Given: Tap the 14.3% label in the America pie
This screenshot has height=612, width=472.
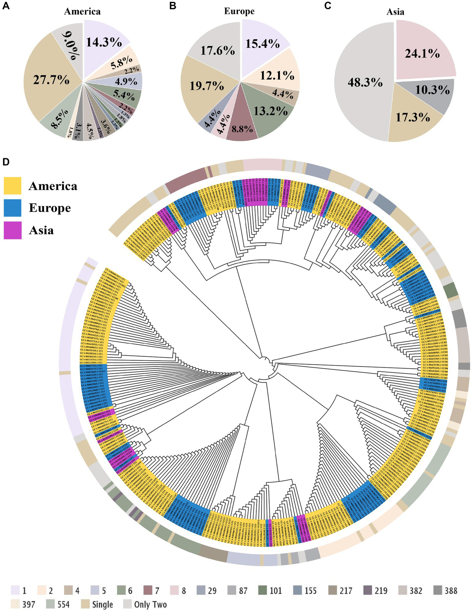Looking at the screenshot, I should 104,42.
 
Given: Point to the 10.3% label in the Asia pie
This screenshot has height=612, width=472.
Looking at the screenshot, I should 432,90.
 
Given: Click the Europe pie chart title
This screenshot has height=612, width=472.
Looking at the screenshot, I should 239,11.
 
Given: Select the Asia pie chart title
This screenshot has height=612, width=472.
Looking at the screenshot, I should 395,12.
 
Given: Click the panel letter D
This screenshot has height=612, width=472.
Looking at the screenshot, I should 6,162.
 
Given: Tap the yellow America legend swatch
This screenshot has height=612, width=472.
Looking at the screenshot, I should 13,186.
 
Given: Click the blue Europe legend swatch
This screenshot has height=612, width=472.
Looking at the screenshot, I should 13,208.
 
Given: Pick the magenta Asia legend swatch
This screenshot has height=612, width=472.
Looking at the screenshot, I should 13,230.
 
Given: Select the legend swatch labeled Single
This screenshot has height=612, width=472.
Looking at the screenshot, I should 86,604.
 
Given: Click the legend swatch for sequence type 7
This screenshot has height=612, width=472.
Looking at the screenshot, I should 149,590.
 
